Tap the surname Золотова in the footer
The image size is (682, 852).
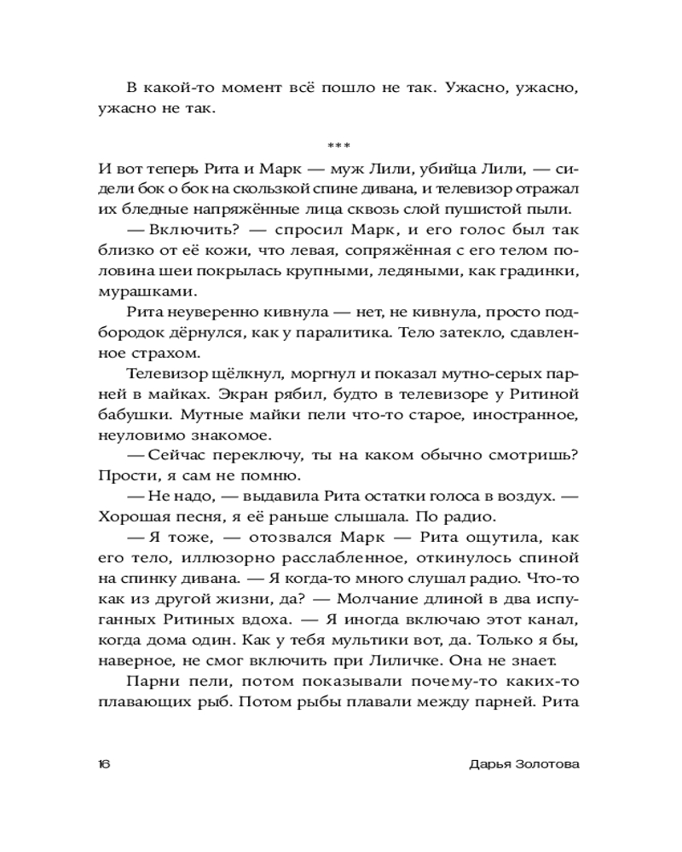click(540, 764)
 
